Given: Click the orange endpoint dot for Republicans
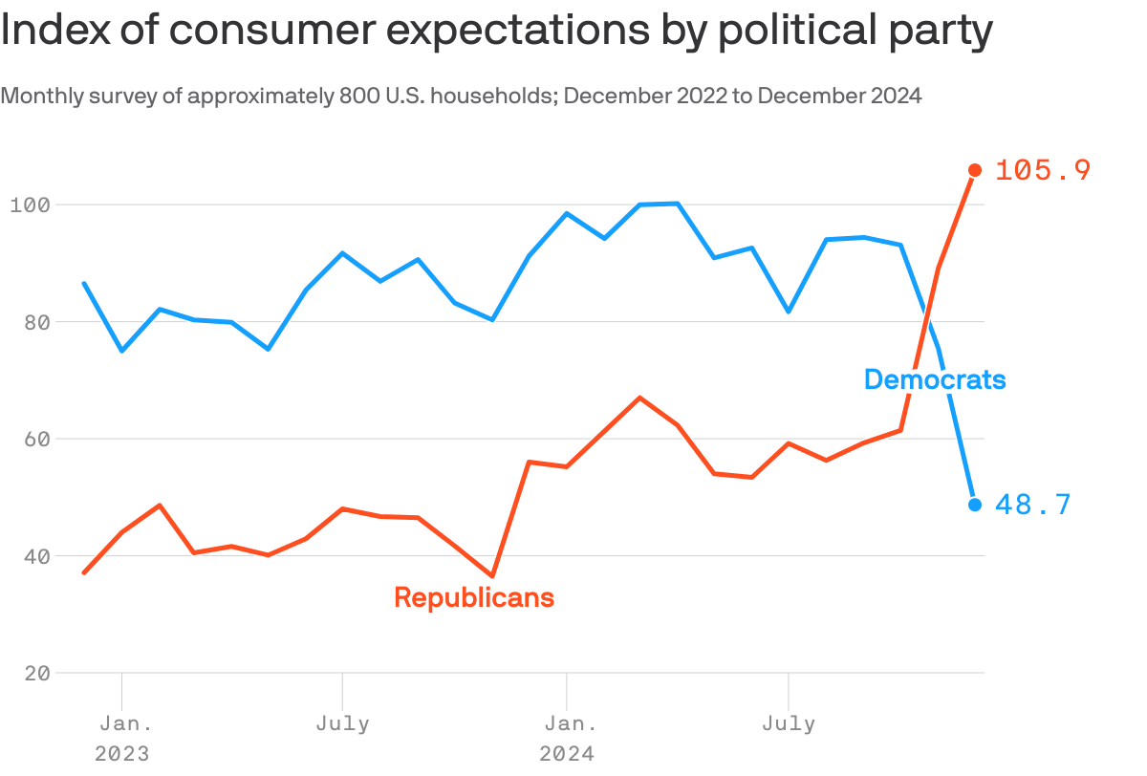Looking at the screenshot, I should coord(975,170).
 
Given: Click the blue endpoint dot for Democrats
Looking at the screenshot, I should coord(975,505).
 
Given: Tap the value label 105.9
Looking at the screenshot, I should coord(1043,170).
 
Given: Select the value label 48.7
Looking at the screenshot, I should coord(1033,505).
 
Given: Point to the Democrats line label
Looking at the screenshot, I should coord(935,379).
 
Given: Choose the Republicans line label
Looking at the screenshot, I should coord(474,597).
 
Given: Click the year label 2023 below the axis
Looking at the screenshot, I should coord(122,754).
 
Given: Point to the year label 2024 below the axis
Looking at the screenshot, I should coord(567,754).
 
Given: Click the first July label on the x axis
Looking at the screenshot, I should coord(342,723).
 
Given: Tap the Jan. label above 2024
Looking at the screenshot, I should coord(567,723).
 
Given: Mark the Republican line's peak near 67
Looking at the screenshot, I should coord(639,398).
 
